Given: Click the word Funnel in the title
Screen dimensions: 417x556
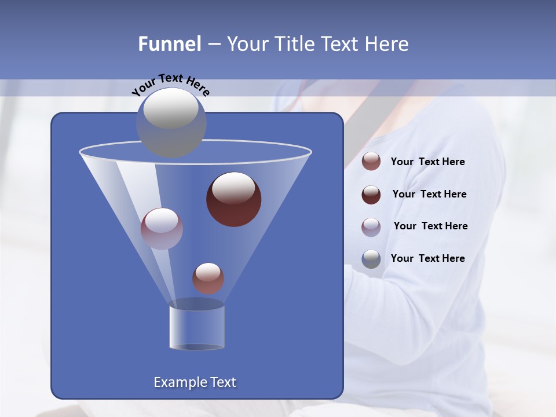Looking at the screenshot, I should [x=169, y=44].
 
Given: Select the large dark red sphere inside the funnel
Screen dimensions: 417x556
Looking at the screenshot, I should [x=233, y=199].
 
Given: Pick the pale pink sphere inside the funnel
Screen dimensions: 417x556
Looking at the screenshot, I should [x=162, y=228].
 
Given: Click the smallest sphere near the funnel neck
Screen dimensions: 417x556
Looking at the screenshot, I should [x=208, y=278].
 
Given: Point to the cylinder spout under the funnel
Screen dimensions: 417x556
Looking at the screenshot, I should [x=197, y=327].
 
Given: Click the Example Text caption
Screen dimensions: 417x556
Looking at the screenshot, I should [x=195, y=382].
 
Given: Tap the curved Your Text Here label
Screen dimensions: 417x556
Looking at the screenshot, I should [x=171, y=85].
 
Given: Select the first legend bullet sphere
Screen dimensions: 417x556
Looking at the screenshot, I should [x=371, y=162].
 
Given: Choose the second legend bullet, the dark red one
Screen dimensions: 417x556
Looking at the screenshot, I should [x=371, y=195].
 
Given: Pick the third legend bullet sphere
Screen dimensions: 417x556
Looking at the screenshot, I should [x=371, y=226].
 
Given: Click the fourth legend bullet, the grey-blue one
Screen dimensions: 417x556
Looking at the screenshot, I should [x=371, y=259].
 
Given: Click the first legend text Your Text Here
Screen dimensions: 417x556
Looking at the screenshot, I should [x=427, y=162].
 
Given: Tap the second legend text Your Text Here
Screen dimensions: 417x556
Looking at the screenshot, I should [x=429, y=194].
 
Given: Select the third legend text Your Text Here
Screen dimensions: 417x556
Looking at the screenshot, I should [x=430, y=226].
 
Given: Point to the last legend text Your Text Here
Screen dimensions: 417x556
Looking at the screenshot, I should [x=427, y=258].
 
